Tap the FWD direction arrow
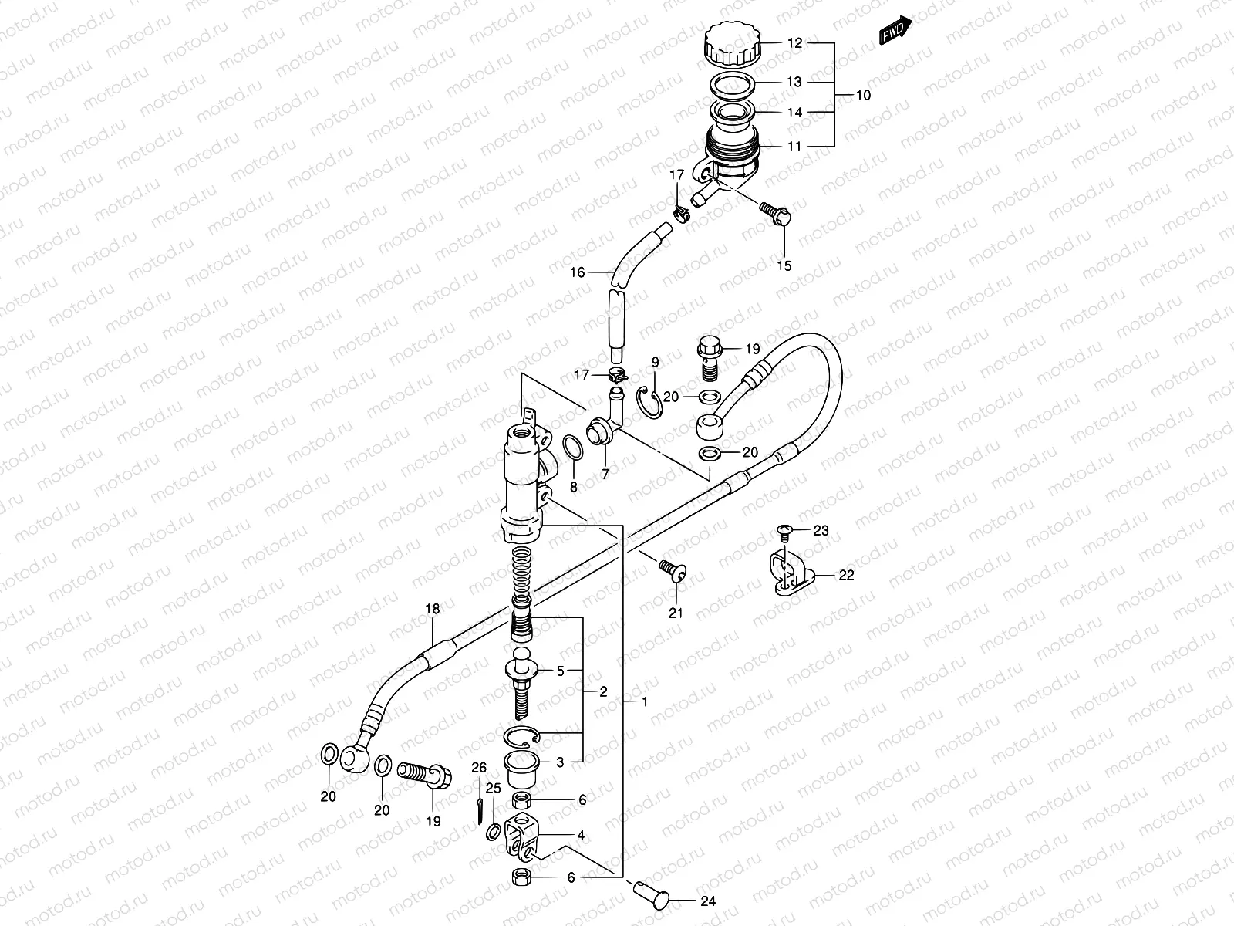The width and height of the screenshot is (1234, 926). tap(896, 31)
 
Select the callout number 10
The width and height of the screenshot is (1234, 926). tap(862, 96)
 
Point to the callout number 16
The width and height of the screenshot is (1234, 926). tap(577, 272)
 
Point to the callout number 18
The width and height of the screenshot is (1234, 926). tap(432, 610)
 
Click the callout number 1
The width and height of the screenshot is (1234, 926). tap(645, 701)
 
